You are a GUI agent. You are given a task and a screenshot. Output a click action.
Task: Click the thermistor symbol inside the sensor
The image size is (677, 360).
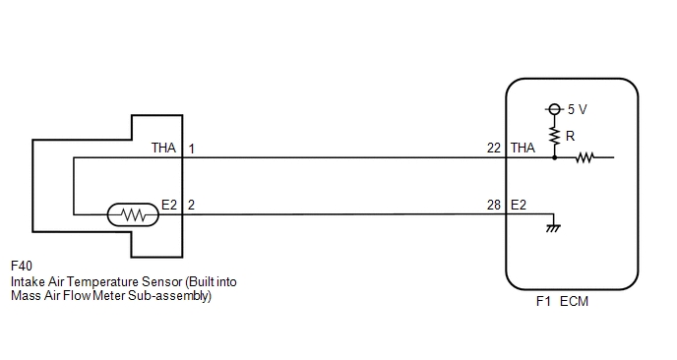(x=133, y=214)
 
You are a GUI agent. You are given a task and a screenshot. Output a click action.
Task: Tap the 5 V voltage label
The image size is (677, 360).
(x=578, y=109)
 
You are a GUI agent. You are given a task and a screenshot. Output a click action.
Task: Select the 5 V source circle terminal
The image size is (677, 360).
(x=554, y=109)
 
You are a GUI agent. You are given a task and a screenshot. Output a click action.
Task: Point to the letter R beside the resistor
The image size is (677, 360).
(x=570, y=137)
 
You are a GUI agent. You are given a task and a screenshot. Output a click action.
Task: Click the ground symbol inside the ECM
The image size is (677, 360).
(x=553, y=228)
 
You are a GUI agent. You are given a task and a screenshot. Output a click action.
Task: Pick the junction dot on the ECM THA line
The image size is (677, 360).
(x=554, y=157)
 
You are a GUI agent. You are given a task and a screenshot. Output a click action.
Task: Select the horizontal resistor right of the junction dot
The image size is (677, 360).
(x=585, y=157)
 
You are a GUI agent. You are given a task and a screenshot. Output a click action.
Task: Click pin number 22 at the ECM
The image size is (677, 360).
(x=494, y=149)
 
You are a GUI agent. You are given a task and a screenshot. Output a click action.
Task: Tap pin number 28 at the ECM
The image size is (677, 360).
(x=494, y=205)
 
